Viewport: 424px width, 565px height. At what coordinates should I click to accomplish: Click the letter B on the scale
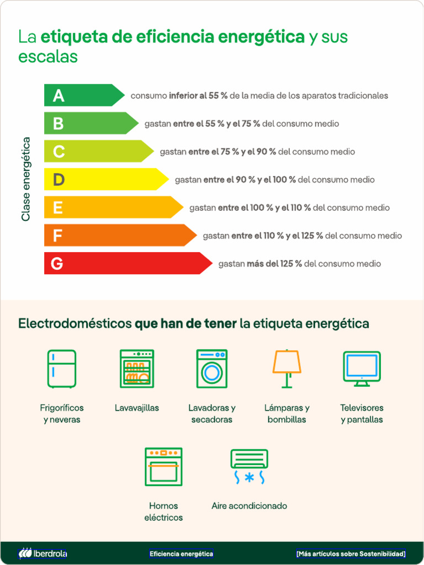58,124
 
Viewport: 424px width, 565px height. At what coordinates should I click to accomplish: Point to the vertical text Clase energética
26,179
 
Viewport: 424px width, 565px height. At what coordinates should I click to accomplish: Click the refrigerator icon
61,369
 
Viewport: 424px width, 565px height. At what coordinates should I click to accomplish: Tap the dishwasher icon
137,369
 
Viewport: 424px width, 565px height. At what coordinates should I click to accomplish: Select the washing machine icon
211,369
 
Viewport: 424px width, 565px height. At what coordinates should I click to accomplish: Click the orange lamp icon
287,369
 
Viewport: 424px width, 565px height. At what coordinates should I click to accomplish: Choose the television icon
362,369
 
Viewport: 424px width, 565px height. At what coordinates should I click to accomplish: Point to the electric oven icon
163,467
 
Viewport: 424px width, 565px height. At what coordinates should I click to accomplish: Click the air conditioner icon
249,467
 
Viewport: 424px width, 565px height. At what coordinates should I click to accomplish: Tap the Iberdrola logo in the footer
43,553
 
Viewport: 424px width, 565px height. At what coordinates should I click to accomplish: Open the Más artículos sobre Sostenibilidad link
351,553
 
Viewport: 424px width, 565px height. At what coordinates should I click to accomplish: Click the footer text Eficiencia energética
181,553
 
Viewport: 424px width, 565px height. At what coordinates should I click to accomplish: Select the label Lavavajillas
137,408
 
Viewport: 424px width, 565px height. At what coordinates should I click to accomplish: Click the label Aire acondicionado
249,506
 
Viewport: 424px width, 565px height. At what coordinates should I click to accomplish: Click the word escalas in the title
48,57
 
